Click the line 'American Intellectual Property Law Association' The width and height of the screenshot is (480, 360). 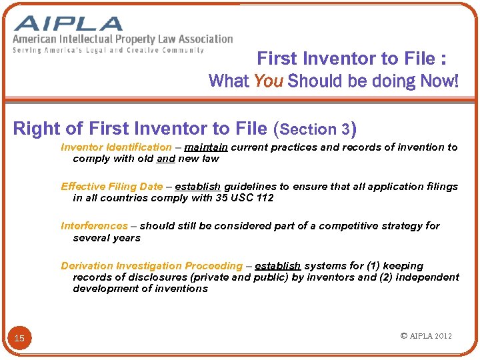[123, 39]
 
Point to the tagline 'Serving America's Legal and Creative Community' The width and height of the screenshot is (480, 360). [109, 50]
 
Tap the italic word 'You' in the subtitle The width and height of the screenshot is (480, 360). [269, 81]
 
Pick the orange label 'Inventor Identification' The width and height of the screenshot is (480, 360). [116, 147]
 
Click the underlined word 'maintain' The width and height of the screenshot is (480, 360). [206, 147]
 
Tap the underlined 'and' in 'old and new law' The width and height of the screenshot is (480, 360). [166, 159]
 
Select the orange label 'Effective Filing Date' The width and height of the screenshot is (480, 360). [111, 187]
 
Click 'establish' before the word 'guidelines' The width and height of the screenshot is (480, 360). [198, 187]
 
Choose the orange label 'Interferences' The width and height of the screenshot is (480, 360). [94, 226]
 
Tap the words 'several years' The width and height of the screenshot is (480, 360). [107, 238]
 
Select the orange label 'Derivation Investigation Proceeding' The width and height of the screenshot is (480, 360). [151, 266]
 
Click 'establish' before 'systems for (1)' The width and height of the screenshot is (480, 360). [277, 266]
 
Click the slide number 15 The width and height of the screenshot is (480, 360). [19, 338]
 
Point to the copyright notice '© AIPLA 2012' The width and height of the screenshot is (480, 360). [426, 336]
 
